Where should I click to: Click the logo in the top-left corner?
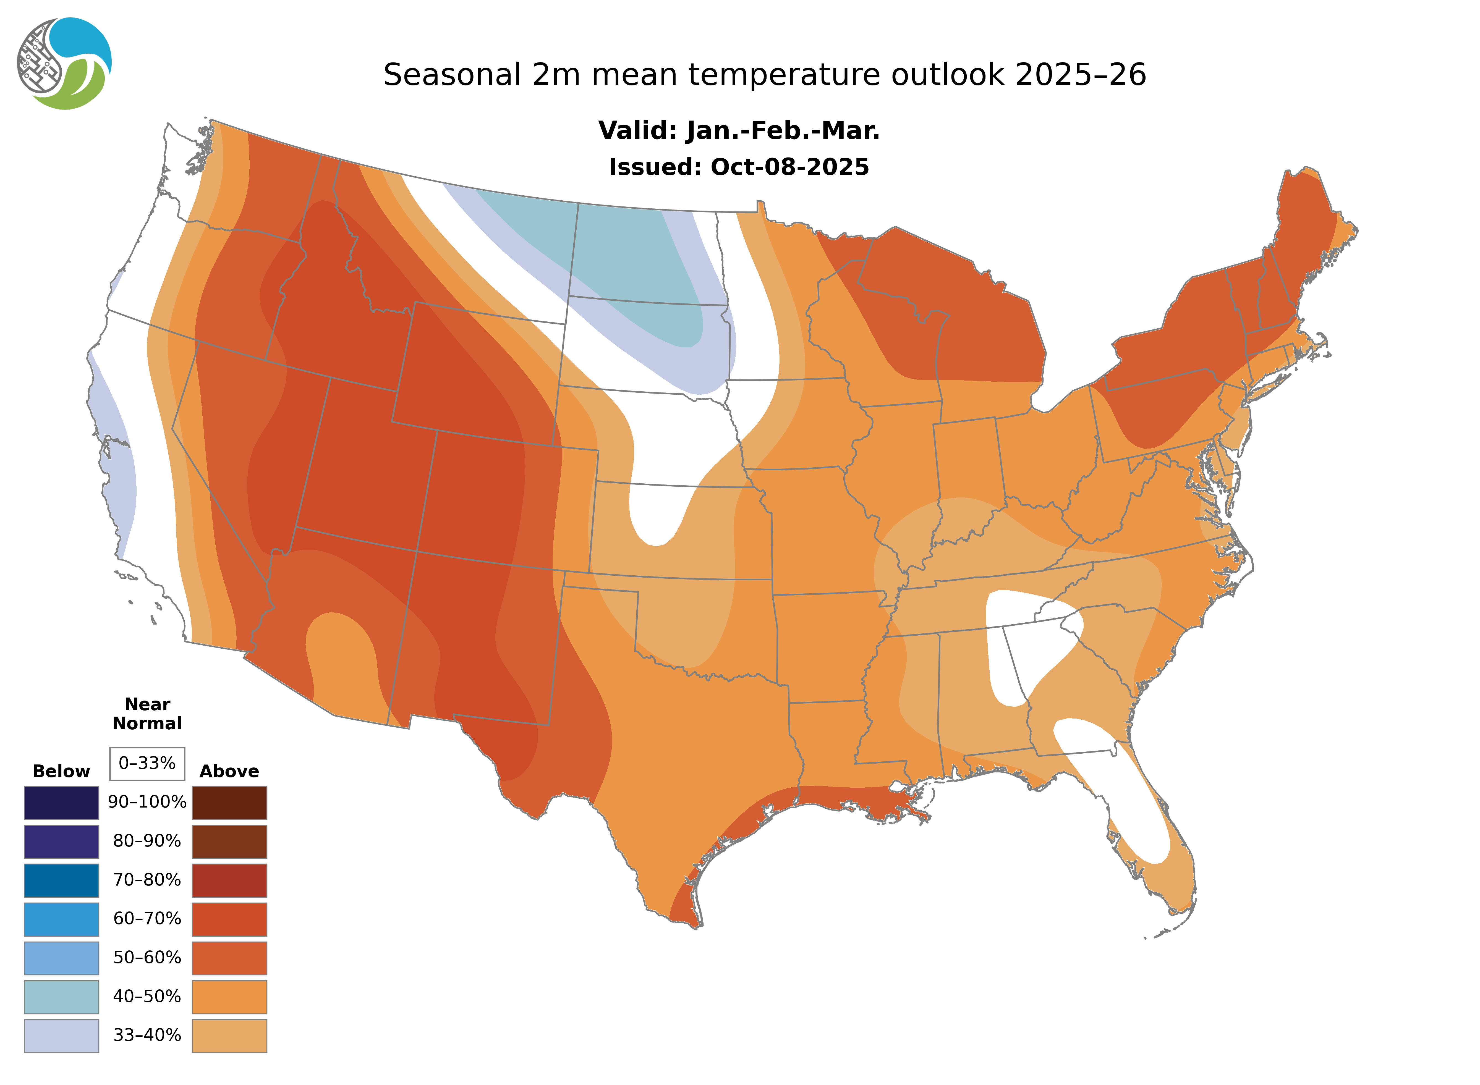pyautogui.click(x=64, y=64)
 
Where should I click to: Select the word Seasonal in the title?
pyautogui.click(x=452, y=75)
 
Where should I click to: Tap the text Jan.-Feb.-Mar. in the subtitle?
pyautogui.click(x=782, y=131)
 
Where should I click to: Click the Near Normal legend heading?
pyautogui.click(x=147, y=714)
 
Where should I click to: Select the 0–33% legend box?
pyautogui.click(x=147, y=763)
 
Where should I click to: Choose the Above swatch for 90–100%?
pyautogui.click(x=229, y=803)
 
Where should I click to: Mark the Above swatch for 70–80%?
pyautogui.click(x=229, y=880)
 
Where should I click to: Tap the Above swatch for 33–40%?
pyautogui.click(x=229, y=1035)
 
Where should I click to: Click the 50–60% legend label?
pyautogui.click(x=147, y=958)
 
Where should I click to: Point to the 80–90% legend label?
pyautogui.click(x=147, y=841)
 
